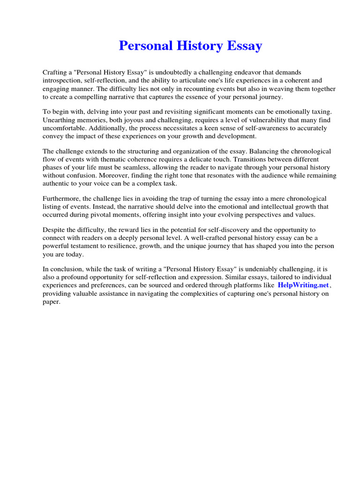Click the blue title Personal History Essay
[190, 46]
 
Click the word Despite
[55, 230]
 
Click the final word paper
[51, 301]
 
